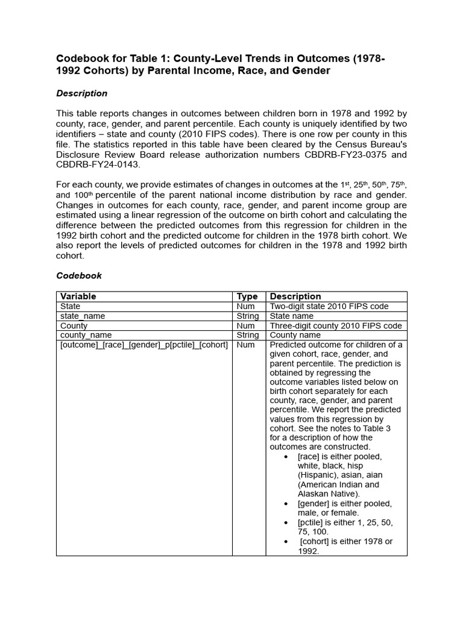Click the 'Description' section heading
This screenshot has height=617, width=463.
point(81,93)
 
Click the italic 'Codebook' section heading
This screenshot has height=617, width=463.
point(79,275)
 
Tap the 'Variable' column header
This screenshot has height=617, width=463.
point(78,296)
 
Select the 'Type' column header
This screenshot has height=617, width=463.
point(247,296)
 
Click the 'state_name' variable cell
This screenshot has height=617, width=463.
point(83,316)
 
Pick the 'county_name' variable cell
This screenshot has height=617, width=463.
point(86,335)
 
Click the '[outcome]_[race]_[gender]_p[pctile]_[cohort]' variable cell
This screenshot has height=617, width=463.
point(143,345)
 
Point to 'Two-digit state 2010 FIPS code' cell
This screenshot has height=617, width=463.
point(329,306)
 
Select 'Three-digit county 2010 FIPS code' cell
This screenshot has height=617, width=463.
point(335,325)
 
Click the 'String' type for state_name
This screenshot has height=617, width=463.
point(248,316)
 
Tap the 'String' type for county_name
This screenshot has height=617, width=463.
point(248,335)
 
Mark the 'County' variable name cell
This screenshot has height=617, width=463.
point(74,325)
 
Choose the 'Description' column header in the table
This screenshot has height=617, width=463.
point(295,296)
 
